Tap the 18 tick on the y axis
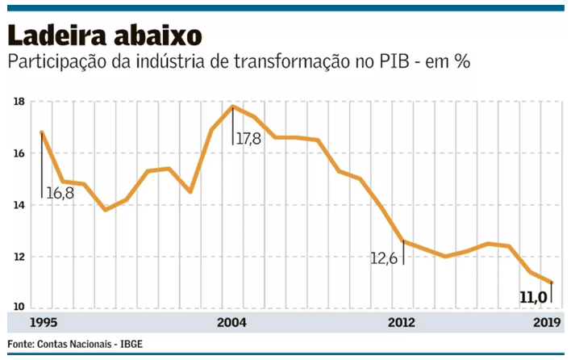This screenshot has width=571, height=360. tap(19, 102)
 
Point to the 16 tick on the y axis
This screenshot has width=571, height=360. tap(19, 153)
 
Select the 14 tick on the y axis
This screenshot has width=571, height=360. tap(19, 205)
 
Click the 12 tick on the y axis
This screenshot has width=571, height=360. tap(19, 257)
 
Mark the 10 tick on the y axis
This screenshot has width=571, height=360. tap(19, 307)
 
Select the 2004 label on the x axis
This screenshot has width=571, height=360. tap(231, 323)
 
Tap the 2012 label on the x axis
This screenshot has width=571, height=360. tap(401, 323)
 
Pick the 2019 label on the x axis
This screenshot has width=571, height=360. tap(548, 323)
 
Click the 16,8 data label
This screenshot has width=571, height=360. tap(60, 194)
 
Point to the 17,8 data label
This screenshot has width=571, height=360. tap(249, 139)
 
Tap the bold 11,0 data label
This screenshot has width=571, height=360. tap(532, 299)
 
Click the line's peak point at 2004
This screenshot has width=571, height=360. tap(232, 107)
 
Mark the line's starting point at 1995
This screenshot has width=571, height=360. tap(40, 132)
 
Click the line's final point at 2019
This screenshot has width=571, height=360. tap(552, 283)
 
